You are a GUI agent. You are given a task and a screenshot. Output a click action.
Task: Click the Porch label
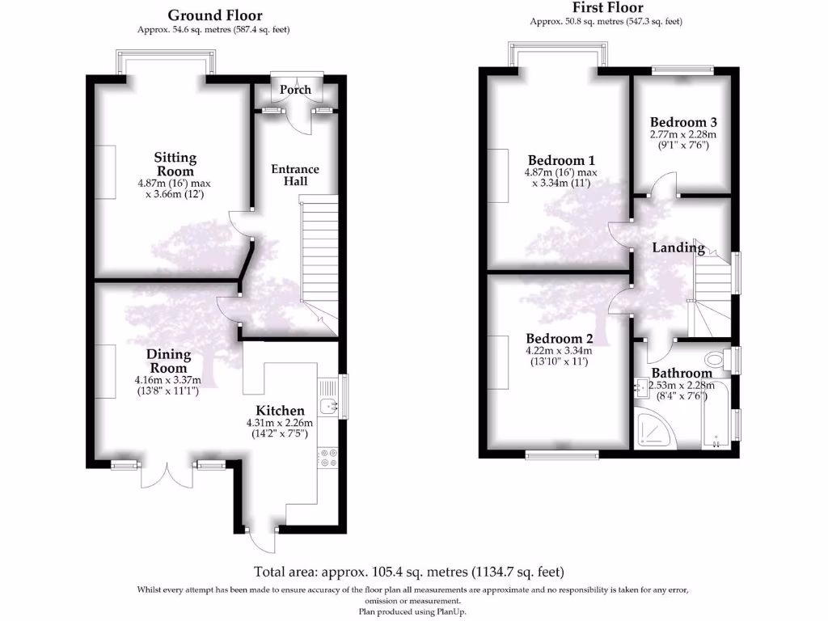295,89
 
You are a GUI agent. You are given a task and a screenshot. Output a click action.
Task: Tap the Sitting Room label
175,164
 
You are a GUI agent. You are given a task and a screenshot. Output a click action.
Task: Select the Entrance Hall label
294,175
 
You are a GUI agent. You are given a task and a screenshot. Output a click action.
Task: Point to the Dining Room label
168,361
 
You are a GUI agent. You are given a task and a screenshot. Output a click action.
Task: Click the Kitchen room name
280,411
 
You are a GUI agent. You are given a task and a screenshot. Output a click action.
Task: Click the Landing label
678,248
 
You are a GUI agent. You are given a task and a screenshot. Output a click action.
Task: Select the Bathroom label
682,373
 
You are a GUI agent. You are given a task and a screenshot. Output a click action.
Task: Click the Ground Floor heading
214,15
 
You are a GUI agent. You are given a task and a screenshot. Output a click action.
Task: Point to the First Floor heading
606,9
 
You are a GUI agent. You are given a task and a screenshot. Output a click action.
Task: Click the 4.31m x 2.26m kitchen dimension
280,423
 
